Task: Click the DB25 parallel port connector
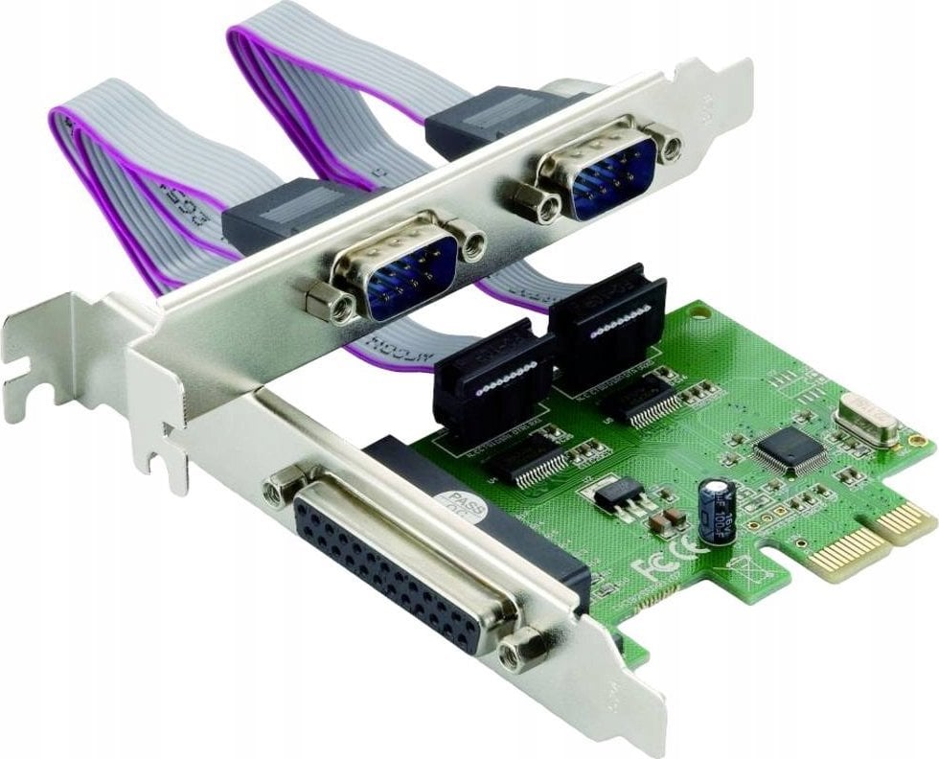pyautogui.click(x=393, y=562)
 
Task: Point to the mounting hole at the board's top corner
pyautogui.click(x=702, y=312)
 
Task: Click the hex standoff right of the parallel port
pyautogui.click(x=524, y=649)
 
